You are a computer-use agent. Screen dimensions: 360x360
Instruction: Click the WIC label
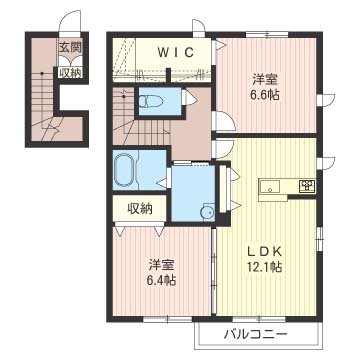175,53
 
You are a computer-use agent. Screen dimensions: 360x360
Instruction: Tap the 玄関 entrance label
70,48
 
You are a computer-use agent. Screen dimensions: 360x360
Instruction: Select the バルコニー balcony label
255,334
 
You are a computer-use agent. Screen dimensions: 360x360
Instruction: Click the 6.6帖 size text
266,95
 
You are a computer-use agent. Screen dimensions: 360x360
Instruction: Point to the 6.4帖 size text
162,280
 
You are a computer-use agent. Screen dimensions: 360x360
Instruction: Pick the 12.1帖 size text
265,266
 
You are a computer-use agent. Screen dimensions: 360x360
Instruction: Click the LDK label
265,252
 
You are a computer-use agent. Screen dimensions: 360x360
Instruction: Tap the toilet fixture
149,101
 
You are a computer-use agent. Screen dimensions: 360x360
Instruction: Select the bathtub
124,171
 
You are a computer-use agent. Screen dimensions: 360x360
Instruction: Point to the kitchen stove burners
307,186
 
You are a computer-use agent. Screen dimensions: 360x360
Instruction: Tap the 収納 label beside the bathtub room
140,208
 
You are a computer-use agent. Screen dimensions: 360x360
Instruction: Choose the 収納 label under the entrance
71,72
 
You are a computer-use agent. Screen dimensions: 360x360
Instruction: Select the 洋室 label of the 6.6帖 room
265,80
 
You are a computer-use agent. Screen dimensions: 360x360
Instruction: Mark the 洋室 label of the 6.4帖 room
162,265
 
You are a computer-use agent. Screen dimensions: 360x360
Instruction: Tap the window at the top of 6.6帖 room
267,34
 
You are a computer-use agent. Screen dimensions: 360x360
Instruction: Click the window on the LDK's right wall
319,238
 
